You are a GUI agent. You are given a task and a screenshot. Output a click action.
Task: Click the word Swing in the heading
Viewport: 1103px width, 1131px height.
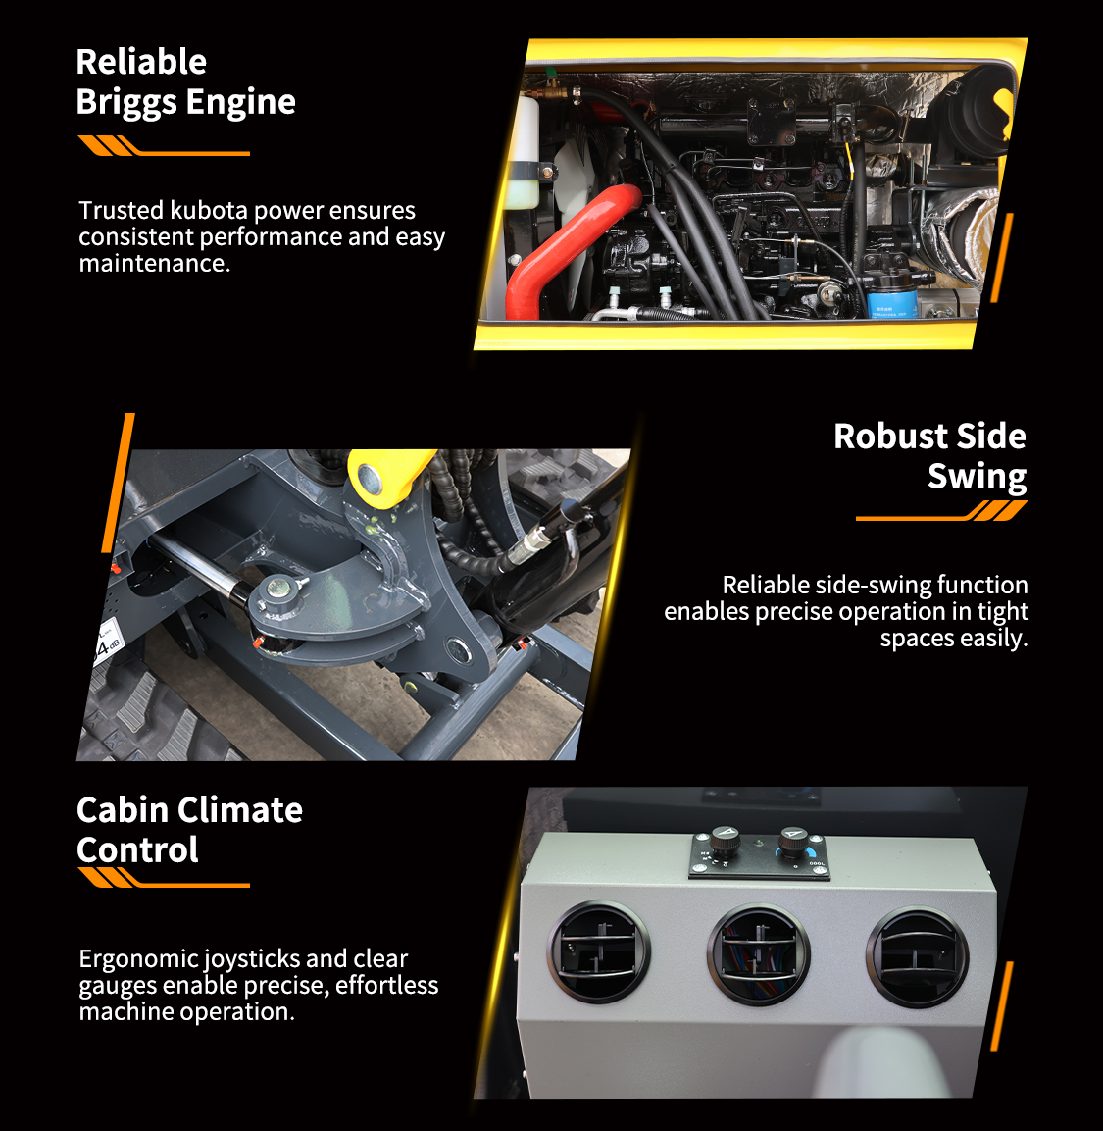[977, 478]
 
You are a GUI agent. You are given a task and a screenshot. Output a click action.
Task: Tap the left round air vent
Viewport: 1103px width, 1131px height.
[598, 952]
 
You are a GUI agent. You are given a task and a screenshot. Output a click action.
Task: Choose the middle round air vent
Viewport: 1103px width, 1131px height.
[759, 955]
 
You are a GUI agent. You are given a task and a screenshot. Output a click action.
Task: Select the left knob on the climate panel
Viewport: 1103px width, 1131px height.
[725, 841]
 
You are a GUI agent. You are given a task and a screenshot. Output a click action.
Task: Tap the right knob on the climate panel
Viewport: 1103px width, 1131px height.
[793, 842]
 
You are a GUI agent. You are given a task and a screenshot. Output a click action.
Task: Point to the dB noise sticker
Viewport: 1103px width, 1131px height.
[107, 642]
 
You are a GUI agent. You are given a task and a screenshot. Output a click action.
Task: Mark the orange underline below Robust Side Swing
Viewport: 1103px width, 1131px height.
[941, 511]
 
